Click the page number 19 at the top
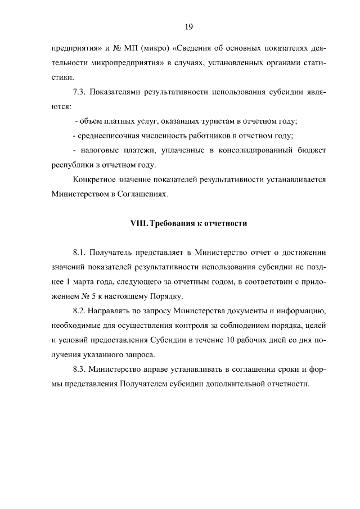tap(189, 26)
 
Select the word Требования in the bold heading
tap(169, 223)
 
